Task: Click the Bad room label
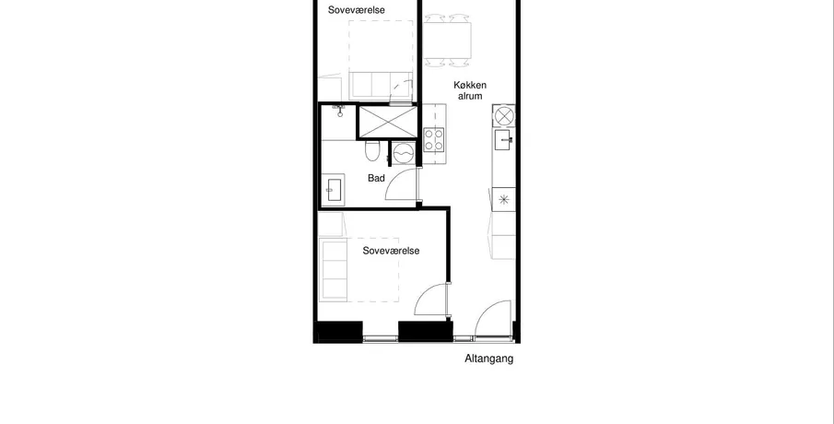coord(376,178)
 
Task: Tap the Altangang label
coord(488,359)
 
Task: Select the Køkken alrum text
coord(470,90)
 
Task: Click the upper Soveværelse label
coord(357,10)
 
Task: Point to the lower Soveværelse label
coord(391,251)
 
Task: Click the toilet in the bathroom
coord(372,150)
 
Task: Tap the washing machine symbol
coord(404,153)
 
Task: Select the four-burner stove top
coord(433,139)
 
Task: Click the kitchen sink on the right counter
coord(503,140)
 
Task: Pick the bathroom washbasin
coord(333,189)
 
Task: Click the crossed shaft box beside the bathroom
coord(388,123)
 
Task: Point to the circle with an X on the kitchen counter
coord(504,115)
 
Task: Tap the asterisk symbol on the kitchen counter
coord(503,199)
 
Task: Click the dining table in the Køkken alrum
coord(447,41)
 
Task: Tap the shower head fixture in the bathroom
coord(339,110)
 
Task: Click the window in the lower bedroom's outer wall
coord(381,338)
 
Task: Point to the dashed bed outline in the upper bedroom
coord(381,60)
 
